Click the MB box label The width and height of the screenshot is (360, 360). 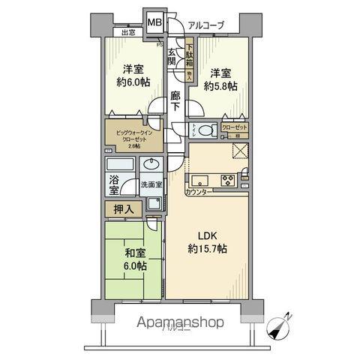click(154, 22)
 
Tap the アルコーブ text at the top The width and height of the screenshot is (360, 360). click(205, 25)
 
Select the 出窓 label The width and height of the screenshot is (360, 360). click(127, 32)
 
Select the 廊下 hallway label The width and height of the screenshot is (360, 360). click(175, 101)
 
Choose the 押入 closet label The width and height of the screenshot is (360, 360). click(124, 210)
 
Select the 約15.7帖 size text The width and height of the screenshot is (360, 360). click(208, 248)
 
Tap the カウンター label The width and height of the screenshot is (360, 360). click(199, 193)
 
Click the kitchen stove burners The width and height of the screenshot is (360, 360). click(227, 180)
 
